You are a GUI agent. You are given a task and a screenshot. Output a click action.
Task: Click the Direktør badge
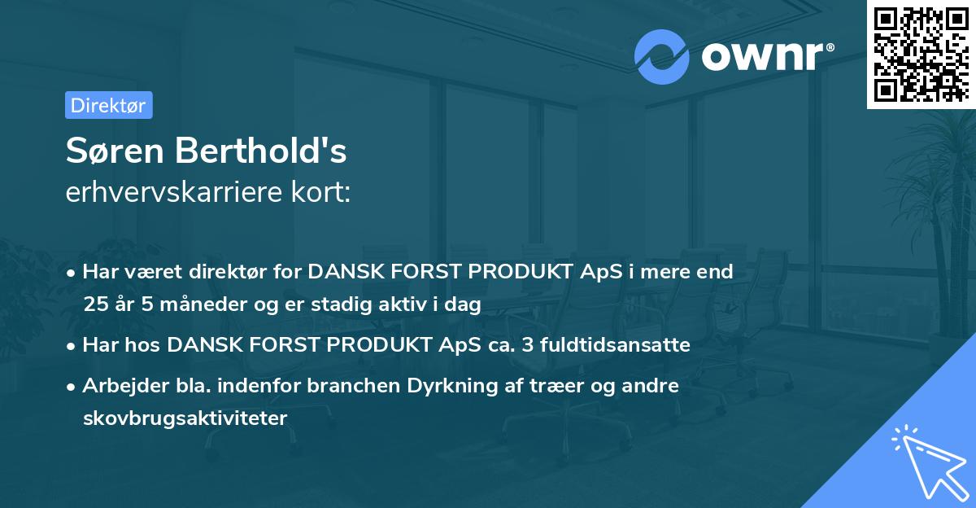click(108, 105)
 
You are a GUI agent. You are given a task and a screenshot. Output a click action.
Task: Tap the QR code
click(920, 55)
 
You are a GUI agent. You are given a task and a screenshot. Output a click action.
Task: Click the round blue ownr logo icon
click(662, 56)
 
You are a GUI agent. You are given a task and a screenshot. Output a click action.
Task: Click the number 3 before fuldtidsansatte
click(528, 344)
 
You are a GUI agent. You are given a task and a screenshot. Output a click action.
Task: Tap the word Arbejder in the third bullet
click(117, 385)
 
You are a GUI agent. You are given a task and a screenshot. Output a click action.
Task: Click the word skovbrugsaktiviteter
click(185, 418)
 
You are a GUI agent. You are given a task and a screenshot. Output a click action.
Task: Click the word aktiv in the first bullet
click(408, 304)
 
